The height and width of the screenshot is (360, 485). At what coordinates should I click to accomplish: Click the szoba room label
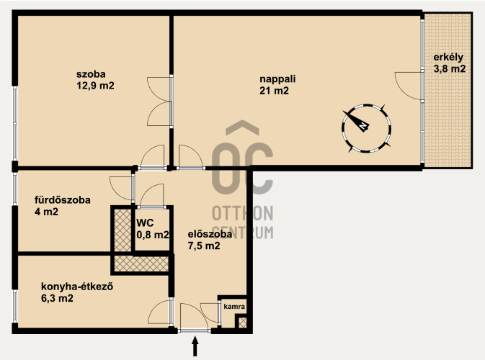pos(91,74)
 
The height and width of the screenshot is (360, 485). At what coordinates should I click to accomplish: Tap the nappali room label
pos(277,79)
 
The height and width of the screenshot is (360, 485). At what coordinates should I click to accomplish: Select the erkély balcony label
pos(448,58)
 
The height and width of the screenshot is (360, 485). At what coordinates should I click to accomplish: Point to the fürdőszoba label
pos(63,200)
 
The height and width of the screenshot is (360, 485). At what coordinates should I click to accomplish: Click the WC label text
pos(145,222)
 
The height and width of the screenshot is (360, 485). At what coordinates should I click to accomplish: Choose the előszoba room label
pos(210,234)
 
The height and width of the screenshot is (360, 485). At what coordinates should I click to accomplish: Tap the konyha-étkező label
pos(77,287)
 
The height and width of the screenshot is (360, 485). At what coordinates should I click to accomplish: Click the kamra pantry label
pos(234,307)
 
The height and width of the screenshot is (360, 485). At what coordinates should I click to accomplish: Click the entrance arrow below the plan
pos(195,346)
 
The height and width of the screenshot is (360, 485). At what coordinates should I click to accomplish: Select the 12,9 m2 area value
pos(95,86)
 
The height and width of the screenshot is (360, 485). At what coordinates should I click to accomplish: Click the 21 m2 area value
pos(274,91)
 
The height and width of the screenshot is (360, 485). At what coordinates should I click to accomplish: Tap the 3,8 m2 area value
pos(450,68)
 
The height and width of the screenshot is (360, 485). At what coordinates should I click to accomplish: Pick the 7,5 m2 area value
pos(204,246)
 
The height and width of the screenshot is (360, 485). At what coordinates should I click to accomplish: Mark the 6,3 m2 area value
pos(57,299)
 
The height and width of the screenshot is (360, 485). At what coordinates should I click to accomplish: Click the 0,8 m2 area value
pos(153,235)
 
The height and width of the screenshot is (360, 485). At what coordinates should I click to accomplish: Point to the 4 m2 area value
pos(46,212)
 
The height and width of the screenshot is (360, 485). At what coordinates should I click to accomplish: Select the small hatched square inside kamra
pos(243,323)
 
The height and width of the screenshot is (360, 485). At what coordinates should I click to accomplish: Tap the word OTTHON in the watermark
pos(242,214)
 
